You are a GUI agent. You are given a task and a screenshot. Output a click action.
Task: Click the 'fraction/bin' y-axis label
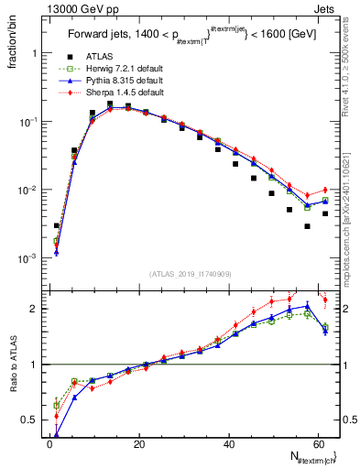(16, 38)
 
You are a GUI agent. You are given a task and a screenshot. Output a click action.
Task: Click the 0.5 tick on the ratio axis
(33, 421)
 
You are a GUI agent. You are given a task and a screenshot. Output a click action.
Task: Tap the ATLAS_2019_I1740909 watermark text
(190, 274)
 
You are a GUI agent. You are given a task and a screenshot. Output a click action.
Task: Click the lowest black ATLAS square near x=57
(308, 226)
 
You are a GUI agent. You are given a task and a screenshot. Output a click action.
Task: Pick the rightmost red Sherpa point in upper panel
(325, 190)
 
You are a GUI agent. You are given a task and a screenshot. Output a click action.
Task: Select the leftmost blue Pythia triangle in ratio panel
(57, 435)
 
